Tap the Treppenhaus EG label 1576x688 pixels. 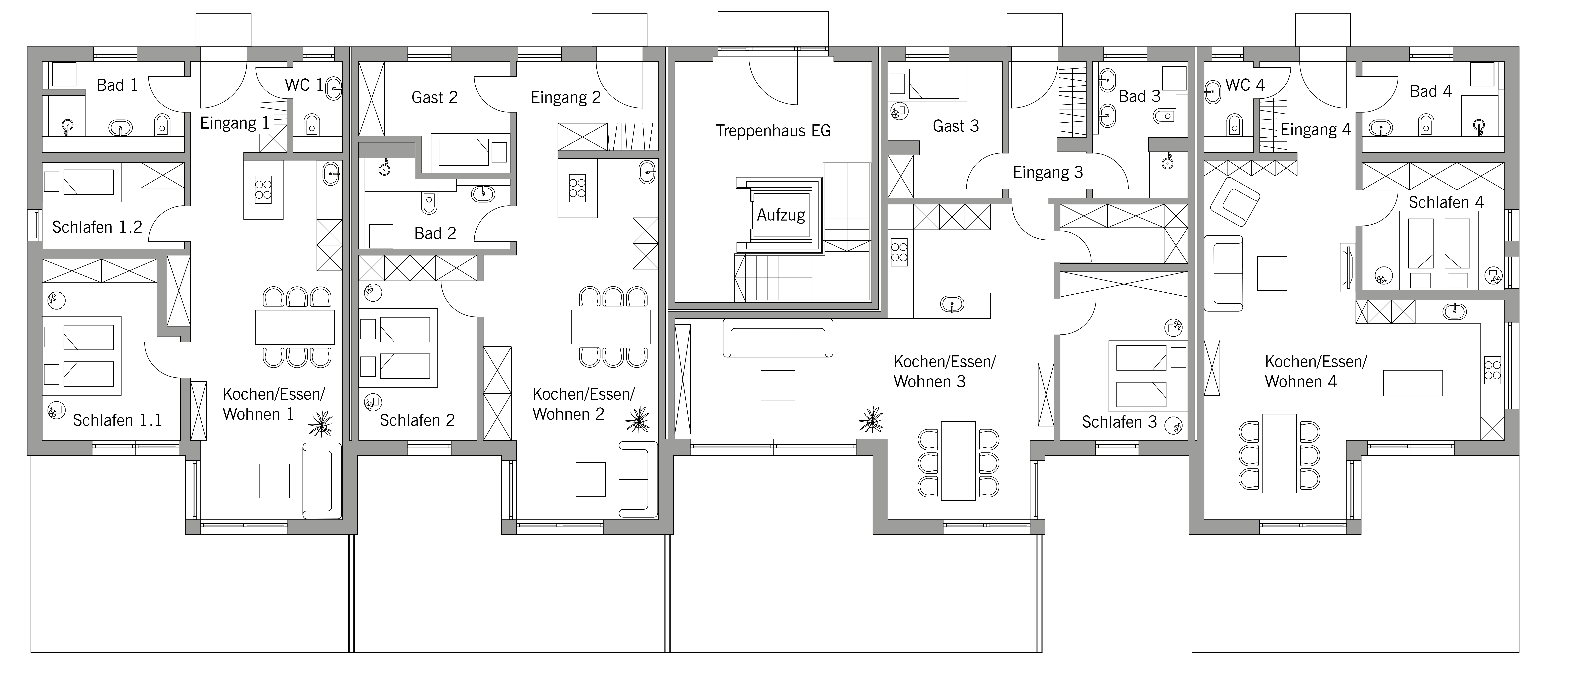point(773,131)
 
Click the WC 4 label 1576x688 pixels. point(1245,85)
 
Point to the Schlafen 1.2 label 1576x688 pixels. point(97,228)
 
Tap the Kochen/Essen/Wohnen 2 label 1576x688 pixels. point(583,404)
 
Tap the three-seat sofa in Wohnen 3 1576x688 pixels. point(778,338)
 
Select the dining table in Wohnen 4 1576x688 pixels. point(1279,453)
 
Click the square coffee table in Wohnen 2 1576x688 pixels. point(590,479)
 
